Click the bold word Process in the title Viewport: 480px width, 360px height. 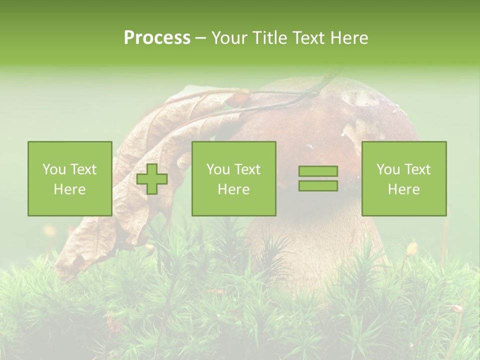pos(157,38)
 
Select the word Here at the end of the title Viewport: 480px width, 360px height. pos(349,38)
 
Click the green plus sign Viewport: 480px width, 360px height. pos(152,179)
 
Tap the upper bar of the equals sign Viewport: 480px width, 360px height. pos(318,171)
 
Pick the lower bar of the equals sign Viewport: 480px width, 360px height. pos(318,186)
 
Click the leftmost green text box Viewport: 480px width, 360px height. pos(69,178)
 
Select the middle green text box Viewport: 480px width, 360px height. pos(233,178)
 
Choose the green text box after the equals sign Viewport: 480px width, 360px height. pos(403,178)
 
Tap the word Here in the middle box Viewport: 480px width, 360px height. pos(233,189)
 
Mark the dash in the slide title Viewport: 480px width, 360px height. pos(201,38)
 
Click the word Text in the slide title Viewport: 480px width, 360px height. pos(308,38)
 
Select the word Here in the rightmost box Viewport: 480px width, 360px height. pos(403,189)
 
